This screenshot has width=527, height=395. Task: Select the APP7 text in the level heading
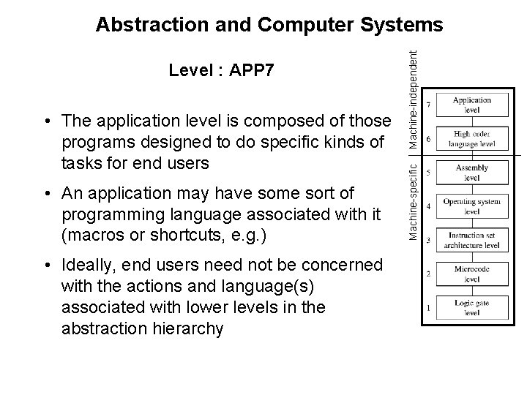pos(253,71)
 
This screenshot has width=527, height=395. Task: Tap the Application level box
pos(471,105)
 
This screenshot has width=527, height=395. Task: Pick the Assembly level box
pos(472,173)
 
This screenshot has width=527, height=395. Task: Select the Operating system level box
pos(472,206)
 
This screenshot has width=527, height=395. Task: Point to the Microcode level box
pos(472,274)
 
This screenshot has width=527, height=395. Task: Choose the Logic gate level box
pos(472,307)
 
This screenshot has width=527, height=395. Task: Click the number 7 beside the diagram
pos(429,104)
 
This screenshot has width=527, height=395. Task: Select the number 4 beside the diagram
pos(429,206)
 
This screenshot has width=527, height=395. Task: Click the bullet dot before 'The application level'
pos(46,119)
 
